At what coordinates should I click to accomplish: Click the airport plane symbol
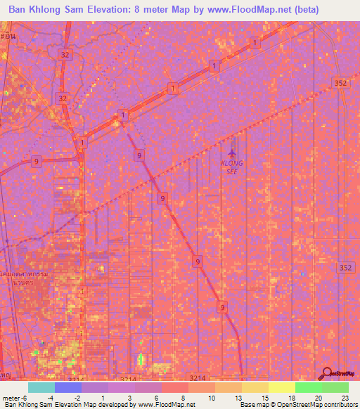pos(233,149)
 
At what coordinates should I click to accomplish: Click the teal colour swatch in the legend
pos(41,387)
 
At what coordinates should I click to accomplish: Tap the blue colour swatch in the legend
pos(68,387)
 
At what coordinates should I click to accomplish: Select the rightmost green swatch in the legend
pos(335,387)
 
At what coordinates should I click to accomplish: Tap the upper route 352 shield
pos(340,83)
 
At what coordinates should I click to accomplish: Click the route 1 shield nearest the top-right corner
pos(253,44)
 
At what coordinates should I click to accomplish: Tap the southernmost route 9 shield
pos(222,306)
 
